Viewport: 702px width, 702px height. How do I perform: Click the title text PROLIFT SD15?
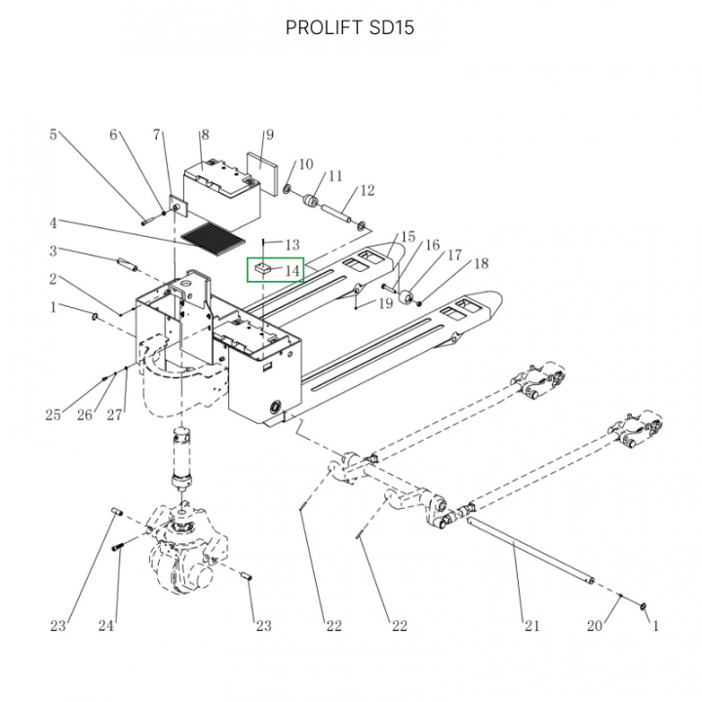(x=350, y=27)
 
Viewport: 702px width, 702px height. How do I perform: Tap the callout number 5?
(x=54, y=136)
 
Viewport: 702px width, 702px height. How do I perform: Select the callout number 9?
(x=269, y=136)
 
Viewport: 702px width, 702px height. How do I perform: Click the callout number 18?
(x=481, y=264)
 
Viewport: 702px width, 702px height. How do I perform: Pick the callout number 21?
(x=531, y=625)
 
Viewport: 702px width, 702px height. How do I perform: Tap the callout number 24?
(x=107, y=625)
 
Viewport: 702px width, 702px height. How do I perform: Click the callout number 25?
(x=54, y=415)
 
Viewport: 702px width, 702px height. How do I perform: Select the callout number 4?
(x=54, y=222)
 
